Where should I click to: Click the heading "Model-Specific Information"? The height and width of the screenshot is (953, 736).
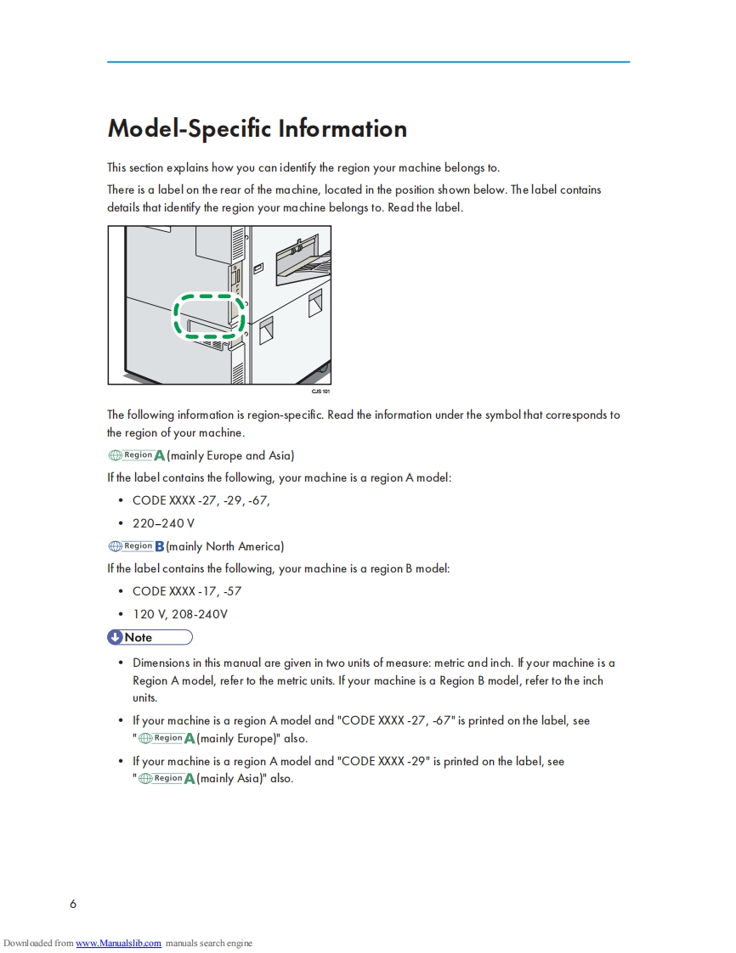257,129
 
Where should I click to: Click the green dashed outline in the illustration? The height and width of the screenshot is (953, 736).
209,316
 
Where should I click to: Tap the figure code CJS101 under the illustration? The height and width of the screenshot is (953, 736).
320,392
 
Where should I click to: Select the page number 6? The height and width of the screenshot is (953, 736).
73,904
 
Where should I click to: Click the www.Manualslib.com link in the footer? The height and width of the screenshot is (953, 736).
118,943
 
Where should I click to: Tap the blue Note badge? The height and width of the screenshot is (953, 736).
150,637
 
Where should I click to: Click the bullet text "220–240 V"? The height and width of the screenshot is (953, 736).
163,523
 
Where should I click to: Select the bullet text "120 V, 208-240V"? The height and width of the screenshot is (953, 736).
179,614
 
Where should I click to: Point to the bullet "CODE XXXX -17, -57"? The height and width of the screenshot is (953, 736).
187,591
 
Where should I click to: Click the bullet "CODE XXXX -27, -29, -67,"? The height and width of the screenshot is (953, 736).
201,500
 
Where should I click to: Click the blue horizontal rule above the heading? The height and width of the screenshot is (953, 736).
368,62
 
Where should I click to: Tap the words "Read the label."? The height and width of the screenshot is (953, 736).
425,207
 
